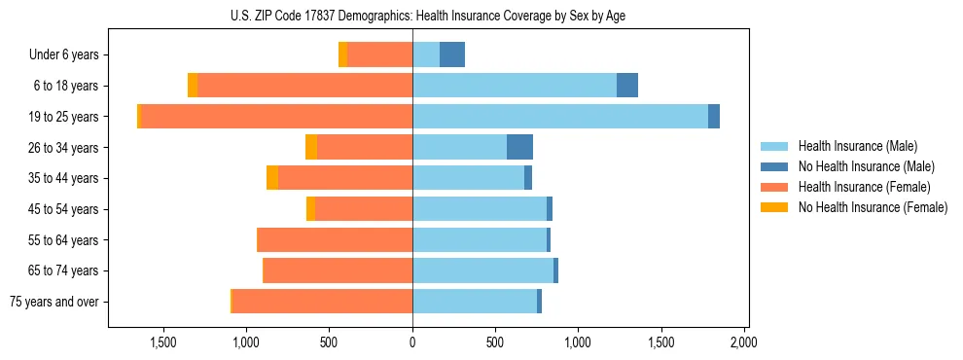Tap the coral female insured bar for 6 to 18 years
pyautogui.click(x=304, y=86)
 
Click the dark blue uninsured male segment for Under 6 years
pyautogui.click(x=452, y=54)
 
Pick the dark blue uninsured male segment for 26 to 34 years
pyautogui.click(x=519, y=147)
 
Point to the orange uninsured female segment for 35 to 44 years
pyautogui.click(x=272, y=178)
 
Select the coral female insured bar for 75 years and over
pyautogui.click(x=322, y=302)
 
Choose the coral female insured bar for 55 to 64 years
pyautogui.click(x=335, y=239)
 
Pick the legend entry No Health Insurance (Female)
pyautogui.click(x=873, y=207)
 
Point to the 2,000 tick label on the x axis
pyautogui.click(x=744, y=343)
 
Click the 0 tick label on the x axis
pyautogui.click(x=412, y=343)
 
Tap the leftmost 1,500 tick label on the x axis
pyautogui.click(x=162, y=343)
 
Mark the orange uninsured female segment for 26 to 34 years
pyautogui.click(x=311, y=147)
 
